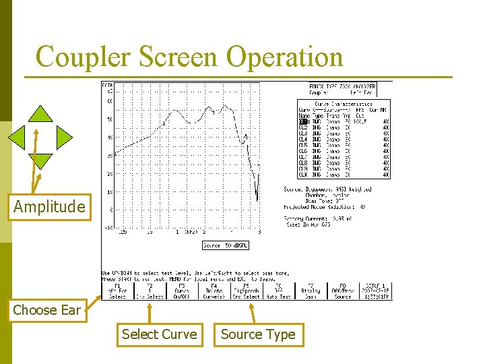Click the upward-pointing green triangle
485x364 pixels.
(x=41, y=115)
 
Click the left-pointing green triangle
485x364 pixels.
(x=18, y=138)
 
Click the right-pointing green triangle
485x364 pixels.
(x=64, y=138)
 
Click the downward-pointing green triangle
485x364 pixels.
(x=41, y=160)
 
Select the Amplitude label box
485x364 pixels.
(x=49, y=207)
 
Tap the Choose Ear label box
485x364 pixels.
(x=46, y=310)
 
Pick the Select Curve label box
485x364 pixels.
(x=160, y=334)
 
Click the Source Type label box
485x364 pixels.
(x=258, y=334)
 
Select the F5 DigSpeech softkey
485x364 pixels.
(x=247, y=291)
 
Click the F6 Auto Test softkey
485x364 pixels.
(x=278, y=291)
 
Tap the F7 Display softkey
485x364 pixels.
(x=311, y=291)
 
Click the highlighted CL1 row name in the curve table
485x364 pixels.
(x=304, y=122)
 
